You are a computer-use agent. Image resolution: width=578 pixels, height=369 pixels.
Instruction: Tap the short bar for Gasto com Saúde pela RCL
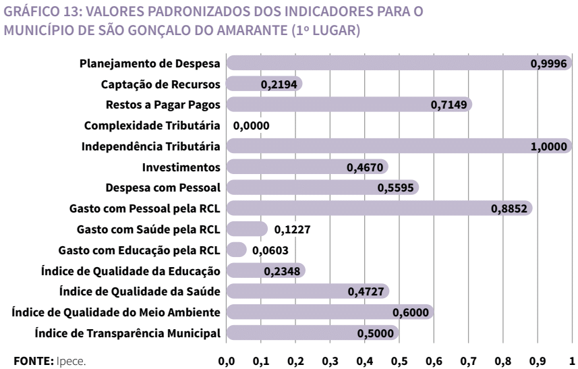[247, 229]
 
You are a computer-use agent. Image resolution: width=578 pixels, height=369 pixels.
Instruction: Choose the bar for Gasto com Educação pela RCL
[237, 250]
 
